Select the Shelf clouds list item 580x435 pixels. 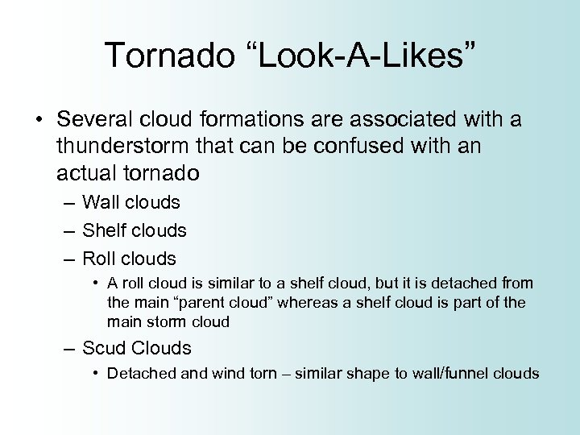(135, 230)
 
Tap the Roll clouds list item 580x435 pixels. (129, 259)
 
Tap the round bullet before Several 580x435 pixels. (38, 121)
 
